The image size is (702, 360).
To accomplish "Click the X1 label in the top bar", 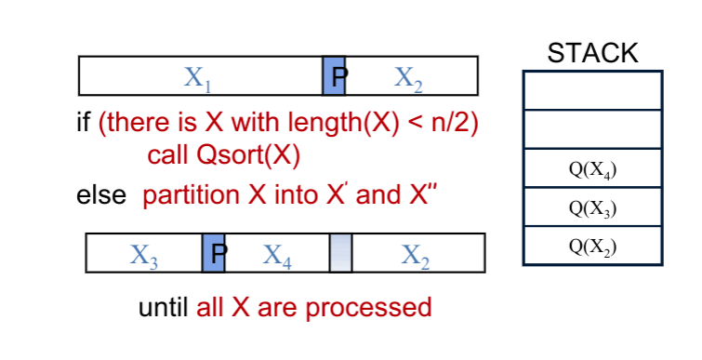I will pos(197,76).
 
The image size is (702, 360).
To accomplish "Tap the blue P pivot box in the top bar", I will pos(334,76).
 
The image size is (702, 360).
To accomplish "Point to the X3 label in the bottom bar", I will pos(144,253).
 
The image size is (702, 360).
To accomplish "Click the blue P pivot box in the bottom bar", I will pos(214,253).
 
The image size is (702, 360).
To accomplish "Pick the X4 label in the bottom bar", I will pos(276,253).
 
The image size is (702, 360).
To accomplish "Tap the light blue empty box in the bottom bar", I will pos(341,253).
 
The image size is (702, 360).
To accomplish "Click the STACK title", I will pos(593,53).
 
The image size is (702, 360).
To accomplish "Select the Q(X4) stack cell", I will pos(593,169).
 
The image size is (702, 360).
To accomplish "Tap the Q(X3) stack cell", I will pos(593,207).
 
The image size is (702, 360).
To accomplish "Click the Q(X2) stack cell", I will pos(593,247).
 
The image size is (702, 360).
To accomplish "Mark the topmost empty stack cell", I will pos(593,90).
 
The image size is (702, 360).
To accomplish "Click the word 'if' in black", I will pos(84,124).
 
